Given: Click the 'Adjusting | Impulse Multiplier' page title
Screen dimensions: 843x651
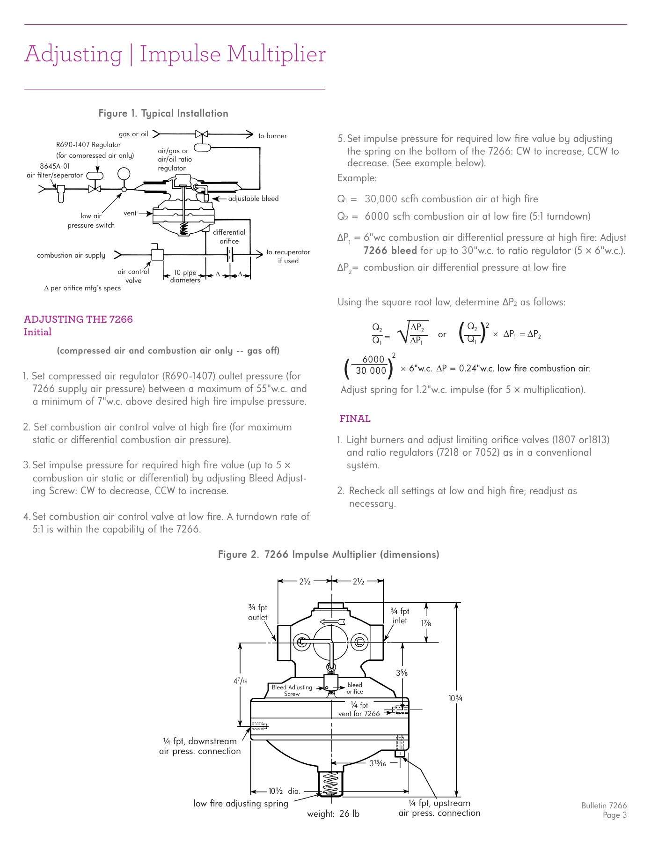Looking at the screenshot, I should click(x=175, y=54).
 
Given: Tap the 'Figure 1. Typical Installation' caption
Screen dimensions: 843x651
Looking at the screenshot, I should click(x=163, y=113).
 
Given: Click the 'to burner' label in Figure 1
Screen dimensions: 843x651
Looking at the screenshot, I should click(x=272, y=136).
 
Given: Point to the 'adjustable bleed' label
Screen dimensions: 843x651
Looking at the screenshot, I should click(x=253, y=199).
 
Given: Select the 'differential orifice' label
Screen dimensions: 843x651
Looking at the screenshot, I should click(x=229, y=237).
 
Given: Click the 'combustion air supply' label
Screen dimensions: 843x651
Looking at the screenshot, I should click(x=71, y=255).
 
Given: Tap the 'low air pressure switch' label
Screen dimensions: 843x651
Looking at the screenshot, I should click(x=91, y=221).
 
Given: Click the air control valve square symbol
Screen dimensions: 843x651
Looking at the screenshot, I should click(x=157, y=255).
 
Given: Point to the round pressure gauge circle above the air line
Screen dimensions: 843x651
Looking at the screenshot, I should click(x=124, y=174).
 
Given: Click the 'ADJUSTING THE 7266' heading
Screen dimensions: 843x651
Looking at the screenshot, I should click(x=78, y=319).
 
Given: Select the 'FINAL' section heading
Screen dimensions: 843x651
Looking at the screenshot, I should click(x=355, y=419).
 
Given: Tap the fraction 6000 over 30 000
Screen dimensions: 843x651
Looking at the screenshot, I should click(x=371, y=365).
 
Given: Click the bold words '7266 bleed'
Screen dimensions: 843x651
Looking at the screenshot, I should click(x=390, y=251).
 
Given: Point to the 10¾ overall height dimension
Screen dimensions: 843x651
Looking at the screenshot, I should click(x=455, y=698).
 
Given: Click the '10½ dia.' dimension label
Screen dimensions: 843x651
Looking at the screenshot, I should click(x=284, y=791).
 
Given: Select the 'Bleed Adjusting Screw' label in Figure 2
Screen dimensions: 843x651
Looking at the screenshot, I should click(x=292, y=690).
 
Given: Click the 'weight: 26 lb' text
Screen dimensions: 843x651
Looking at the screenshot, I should click(x=333, y=813).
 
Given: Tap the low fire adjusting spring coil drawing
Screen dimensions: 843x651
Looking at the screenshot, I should click(x=330, y=783).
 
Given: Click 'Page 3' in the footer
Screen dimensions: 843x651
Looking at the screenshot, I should click(x=614, y=815).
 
